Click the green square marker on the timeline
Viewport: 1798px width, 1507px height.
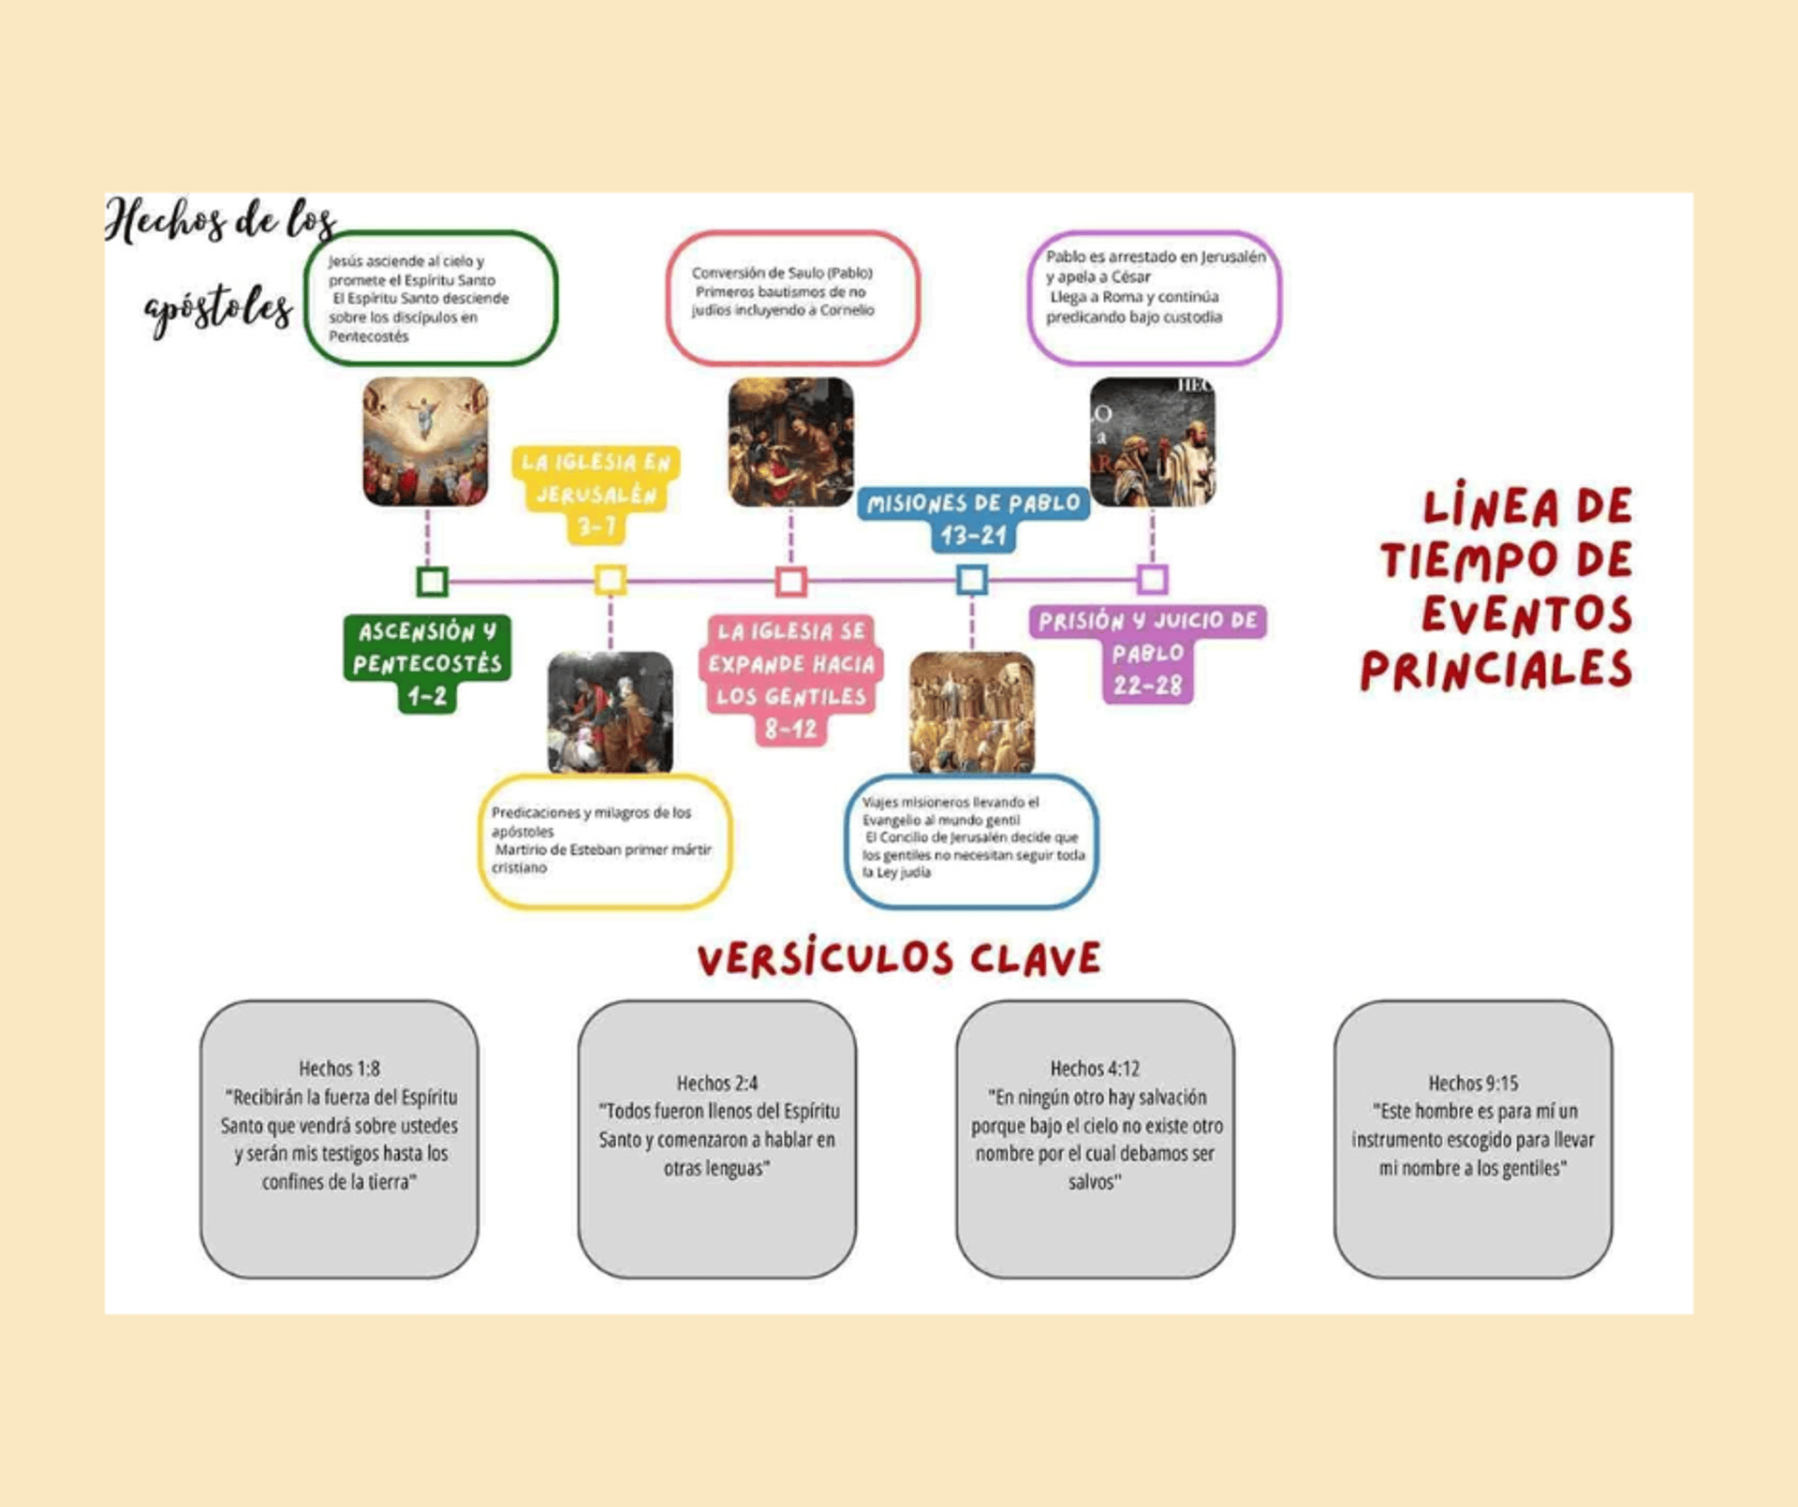pyautogui.click(x=432, y=582)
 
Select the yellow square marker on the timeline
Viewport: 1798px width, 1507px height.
pyautogui.click(x=611, y=581)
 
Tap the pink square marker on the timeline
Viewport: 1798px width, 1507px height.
pyautogui.click(x=791, y=582)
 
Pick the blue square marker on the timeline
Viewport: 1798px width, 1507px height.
pyautogui.click(x=972, y=581)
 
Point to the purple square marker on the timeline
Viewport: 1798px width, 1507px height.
pyautogui.click(x=1153, y=580)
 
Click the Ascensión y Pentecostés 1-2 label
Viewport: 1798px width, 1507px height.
pyautogui.click(x=427, y=663)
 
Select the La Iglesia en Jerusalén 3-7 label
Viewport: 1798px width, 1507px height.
pyautogui.click(x=596, y=494)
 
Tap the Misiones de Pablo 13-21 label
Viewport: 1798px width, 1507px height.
pyautogui.click(x=973, y=519)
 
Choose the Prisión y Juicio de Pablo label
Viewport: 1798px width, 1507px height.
pyautogui.click(x=1148, y=652)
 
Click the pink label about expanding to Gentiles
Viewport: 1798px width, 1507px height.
pyautogui.click(x=790, y=679)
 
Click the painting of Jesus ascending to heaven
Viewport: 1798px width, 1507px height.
pyautogui.click(x=426, y=442)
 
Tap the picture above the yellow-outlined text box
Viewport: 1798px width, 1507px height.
pyautogui.click(x=611, y=713)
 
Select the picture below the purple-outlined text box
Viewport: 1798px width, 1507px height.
pyautogui.click(x=1153, y=442)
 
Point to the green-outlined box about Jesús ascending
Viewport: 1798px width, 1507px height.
pyautogui.click(x=431, y=298)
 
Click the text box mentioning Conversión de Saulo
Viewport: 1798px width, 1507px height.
pyautogui.click(x=792, y=298)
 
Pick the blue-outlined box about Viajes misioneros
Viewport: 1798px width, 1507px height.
pyautogui.click(x=972, y=840)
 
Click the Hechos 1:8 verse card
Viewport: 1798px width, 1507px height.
pyautogui.click(x=339, y=1138)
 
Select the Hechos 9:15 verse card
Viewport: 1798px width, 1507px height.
pyautogui.click(x=1473, y=1138)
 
